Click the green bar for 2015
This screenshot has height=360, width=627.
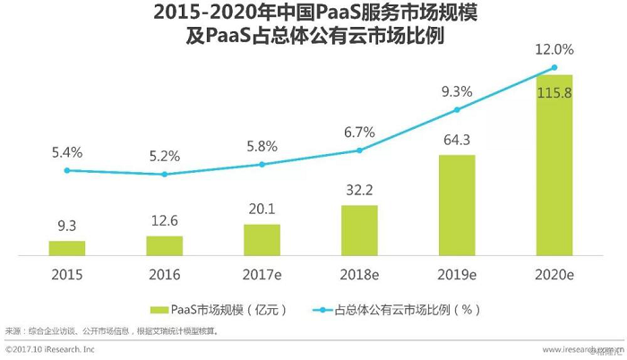(67, 248)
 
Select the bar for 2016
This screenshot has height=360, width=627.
(165, 245)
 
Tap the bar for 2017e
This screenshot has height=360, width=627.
(262, 239)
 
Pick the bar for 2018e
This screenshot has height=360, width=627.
(360, 230)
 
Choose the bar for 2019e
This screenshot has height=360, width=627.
(457, 205)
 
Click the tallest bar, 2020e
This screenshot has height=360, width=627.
(554, 165)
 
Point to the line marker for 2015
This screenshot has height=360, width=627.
(67, 170)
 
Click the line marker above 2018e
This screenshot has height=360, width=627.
(360, 150)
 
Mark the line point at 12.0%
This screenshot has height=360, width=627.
(554, 67)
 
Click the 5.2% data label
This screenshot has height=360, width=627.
(165, 154)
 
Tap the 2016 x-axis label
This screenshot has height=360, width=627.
(165, 273)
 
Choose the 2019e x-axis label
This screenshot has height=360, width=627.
(457, 273)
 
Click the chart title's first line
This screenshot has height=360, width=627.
(313, 15)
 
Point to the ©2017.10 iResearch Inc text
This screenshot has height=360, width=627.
(48, 348)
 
